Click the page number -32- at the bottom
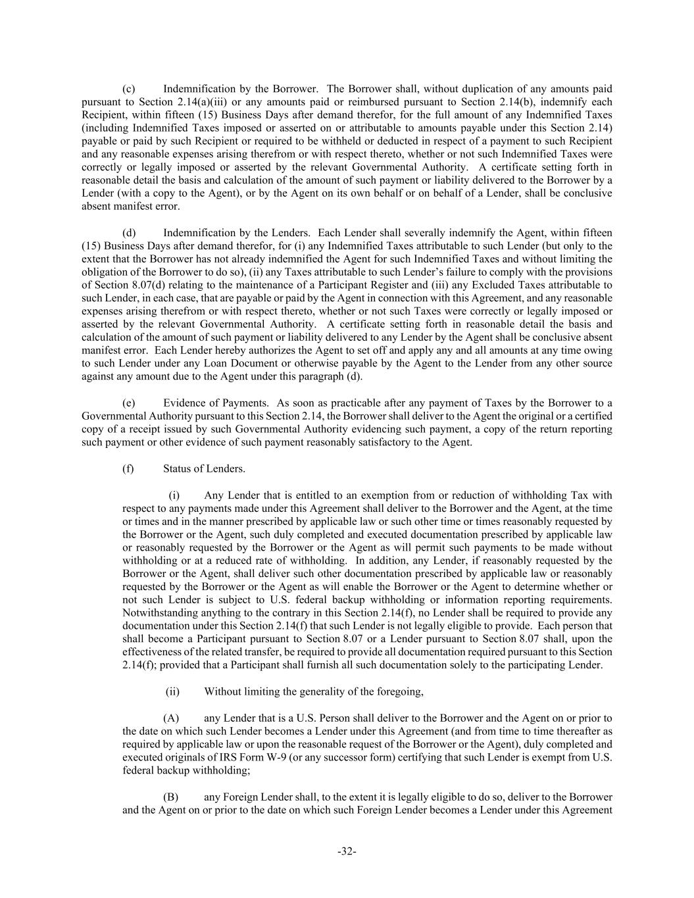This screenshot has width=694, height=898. [x=347, y=851]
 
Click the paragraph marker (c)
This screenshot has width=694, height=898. [x=129, y=89]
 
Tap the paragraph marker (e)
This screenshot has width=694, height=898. [x=129, y=403]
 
